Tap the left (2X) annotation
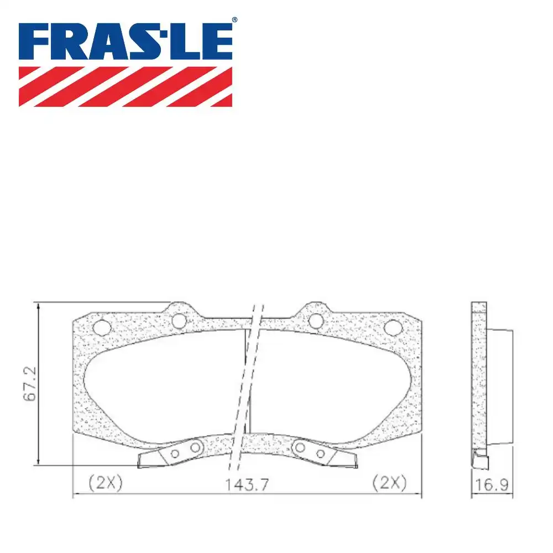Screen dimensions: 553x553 (105, 482)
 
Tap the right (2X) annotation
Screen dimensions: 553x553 (389, 482)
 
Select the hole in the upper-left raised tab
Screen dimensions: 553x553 (178, 320)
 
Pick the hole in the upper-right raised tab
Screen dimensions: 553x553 (315, 320)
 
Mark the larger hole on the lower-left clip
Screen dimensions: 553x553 (195, 447)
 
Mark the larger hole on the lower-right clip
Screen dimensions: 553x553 (299, 447)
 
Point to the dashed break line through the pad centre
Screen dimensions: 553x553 (247, 387)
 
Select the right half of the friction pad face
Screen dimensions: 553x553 (332, 387)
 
